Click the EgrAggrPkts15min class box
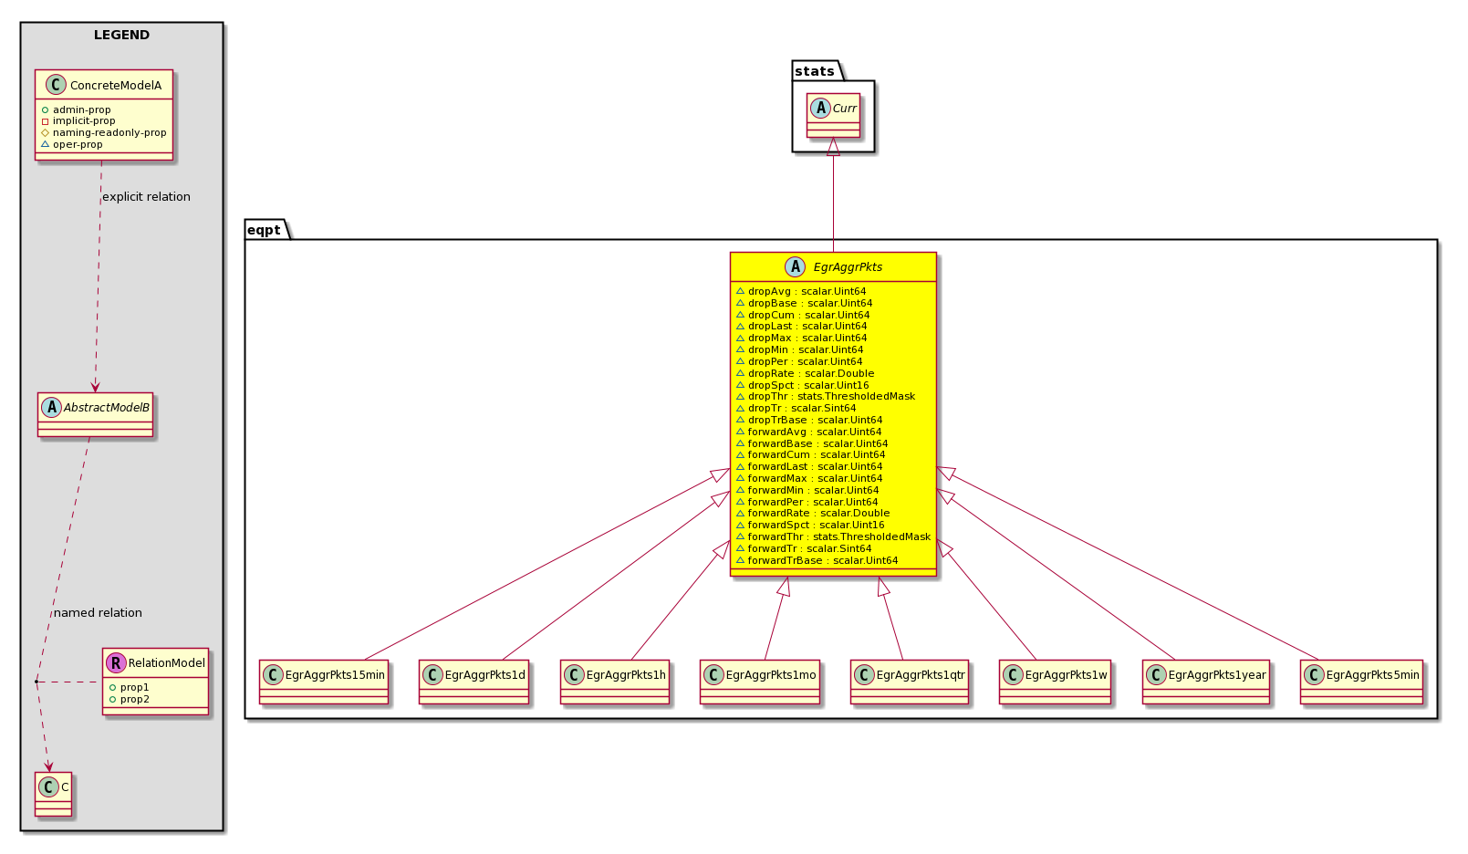click(324, 682)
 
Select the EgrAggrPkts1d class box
click(474, 682)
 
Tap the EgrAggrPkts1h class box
click(615, 682)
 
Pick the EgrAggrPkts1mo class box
click(760, 682)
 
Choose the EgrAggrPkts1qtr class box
click(910, 682)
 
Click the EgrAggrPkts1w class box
click(1055, 682)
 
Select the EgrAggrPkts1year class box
click(1206, 682)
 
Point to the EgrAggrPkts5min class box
click(1362, 682)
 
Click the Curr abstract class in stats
click(834, 115)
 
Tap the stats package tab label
click(814, 71)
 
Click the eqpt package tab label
click(264, 230)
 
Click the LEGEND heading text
click(122, 35)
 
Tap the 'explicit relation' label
click(146, 197)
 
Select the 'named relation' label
click(98, 613)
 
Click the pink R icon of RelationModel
click(115, 663)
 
